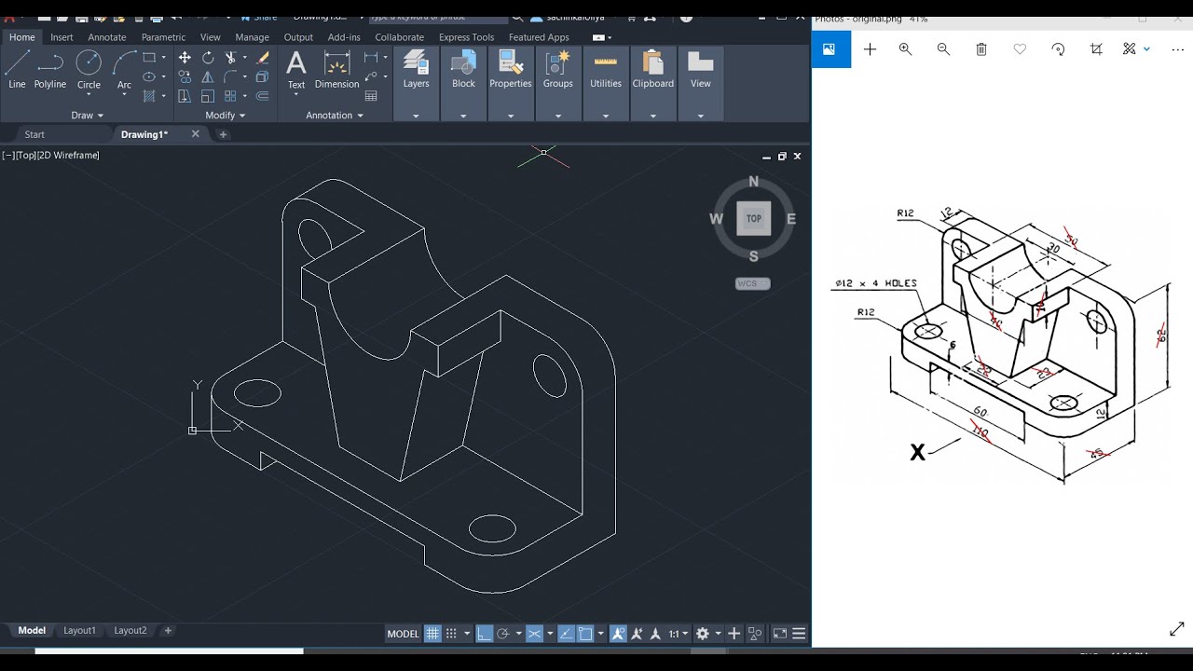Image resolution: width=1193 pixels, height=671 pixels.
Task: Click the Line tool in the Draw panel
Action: click(17, 70)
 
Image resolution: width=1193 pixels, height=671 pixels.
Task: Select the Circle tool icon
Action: click(89, 70)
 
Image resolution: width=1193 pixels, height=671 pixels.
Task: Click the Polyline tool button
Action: click(50, 70)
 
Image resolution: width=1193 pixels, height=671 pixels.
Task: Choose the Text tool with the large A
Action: click(296, 70)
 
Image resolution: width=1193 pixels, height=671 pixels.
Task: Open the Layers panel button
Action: click(416, 71)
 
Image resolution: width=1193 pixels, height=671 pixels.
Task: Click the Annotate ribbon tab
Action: click(106, 37)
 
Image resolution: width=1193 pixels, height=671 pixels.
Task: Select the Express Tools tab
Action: click(466, 37)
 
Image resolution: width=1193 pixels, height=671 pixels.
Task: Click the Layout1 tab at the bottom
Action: click(79, 631)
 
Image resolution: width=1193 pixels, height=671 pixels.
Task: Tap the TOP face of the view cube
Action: click(753, 219)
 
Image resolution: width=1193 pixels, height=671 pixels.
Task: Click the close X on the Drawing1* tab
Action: click(195, 134)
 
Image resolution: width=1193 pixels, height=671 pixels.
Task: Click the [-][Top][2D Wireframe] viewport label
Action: click(50, 156)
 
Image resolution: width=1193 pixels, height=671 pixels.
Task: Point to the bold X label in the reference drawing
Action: click(917, 453)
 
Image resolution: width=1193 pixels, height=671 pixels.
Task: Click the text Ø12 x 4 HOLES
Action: click(875, 283)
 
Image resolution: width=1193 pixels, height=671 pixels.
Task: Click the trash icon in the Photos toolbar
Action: click(981, 49)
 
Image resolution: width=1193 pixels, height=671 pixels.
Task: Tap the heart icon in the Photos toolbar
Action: click(1020, 49)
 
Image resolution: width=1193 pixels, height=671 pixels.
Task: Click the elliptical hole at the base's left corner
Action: click(257, 393)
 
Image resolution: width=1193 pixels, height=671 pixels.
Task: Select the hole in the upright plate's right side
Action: click(549, 375)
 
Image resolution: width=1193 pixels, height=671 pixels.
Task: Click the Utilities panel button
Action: click(606, 71)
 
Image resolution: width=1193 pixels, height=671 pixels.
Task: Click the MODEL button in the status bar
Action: click(403, 634)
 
